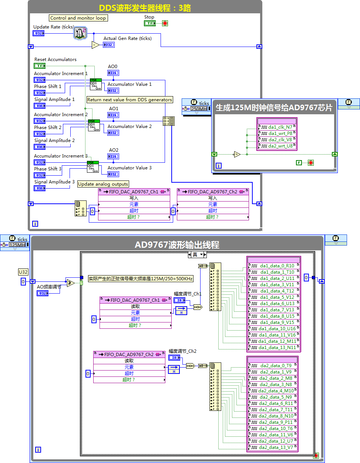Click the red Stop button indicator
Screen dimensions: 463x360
165,23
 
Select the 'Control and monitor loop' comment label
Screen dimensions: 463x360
78,18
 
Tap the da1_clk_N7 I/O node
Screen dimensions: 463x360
277,127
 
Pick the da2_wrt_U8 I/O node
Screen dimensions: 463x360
277,146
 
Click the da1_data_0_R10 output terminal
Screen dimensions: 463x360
274,266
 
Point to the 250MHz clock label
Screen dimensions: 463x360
199,109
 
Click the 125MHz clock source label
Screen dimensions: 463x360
17,245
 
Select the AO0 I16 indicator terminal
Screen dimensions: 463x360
113,73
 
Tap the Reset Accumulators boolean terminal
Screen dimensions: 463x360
40,66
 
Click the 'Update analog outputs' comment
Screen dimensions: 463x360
103,184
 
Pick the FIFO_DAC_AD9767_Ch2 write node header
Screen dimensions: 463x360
213,192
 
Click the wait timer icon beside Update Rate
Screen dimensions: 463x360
80,33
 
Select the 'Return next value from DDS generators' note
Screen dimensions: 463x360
129,100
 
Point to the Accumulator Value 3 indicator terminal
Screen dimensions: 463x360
113,174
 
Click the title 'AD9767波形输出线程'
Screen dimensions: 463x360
177,245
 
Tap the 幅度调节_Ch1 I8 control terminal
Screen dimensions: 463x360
179,300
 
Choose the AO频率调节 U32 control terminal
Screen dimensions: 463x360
43,293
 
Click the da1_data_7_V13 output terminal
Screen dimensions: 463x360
274,310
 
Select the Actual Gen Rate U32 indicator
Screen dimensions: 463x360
108,45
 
